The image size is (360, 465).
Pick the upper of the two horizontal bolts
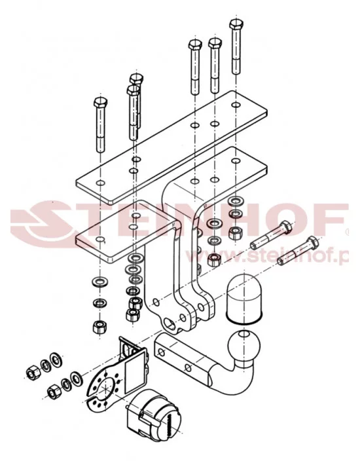(x=270, y=234)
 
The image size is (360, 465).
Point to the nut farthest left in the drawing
(x=31, y=373)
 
